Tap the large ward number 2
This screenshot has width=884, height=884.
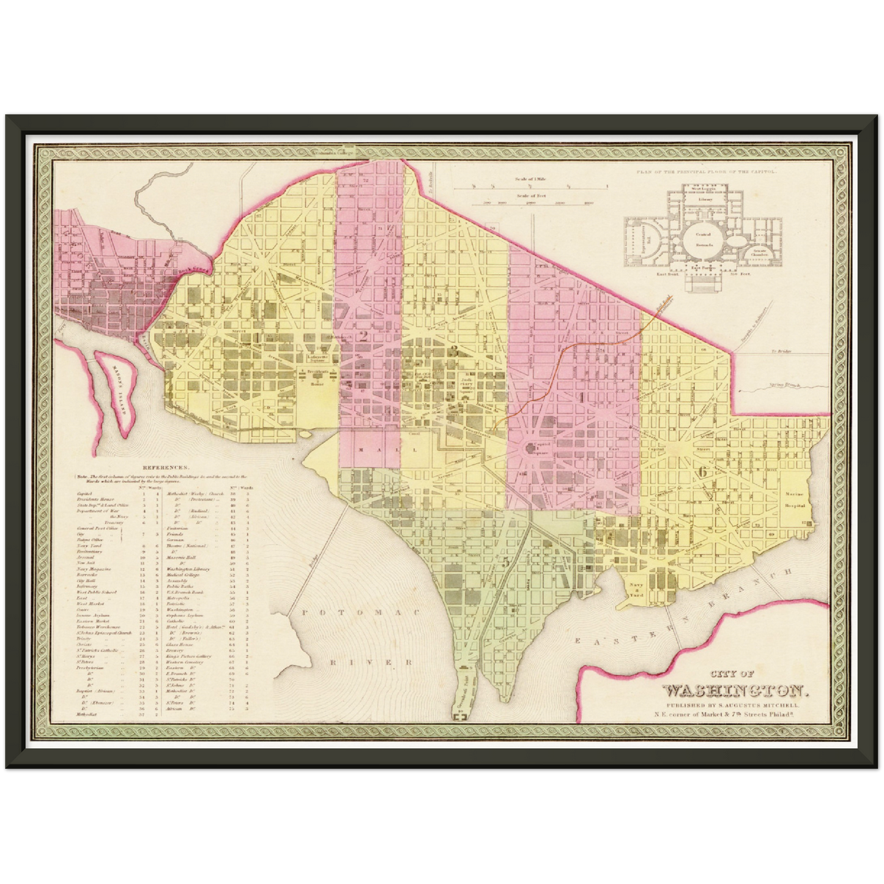363,335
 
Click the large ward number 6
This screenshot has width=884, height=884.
702,472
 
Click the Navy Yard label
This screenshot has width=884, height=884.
634,589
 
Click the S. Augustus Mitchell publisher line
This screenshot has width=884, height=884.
733,706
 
